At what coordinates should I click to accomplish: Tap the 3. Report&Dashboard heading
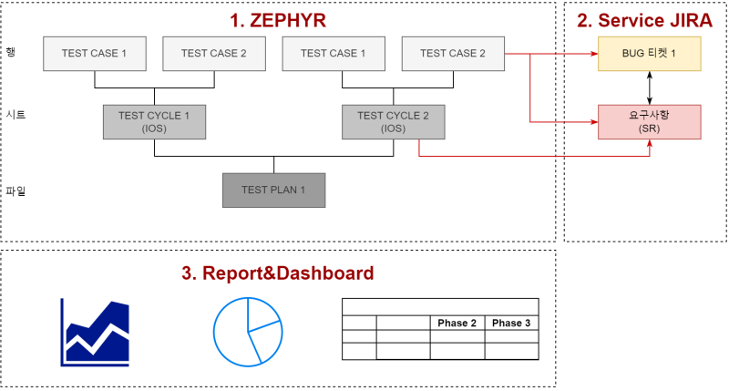(278, 273)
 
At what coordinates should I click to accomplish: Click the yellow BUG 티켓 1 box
(649, 54)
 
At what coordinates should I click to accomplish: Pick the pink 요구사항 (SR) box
(649, 122)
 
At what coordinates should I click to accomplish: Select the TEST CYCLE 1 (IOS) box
(154, 122)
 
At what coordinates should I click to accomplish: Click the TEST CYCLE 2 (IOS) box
(394, 122)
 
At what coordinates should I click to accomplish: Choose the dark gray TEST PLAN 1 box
(273, 190)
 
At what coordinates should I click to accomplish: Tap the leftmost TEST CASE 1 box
(94, 54)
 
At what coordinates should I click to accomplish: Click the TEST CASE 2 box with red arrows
(453, 54)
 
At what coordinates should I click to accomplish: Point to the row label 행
(11, 52)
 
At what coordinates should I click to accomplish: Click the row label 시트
(15, 115)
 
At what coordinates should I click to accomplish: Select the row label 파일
(15, 190)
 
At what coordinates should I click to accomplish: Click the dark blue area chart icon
(95, 332)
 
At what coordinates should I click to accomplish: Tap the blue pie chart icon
(247, 330)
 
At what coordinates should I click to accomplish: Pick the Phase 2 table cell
(457, 324)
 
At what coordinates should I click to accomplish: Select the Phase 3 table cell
(510, 324)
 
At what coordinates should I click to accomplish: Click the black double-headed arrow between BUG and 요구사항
(649, 87)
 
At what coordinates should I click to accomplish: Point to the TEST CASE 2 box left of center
(213, 54)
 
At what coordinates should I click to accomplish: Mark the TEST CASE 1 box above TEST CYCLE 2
(334, 54)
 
